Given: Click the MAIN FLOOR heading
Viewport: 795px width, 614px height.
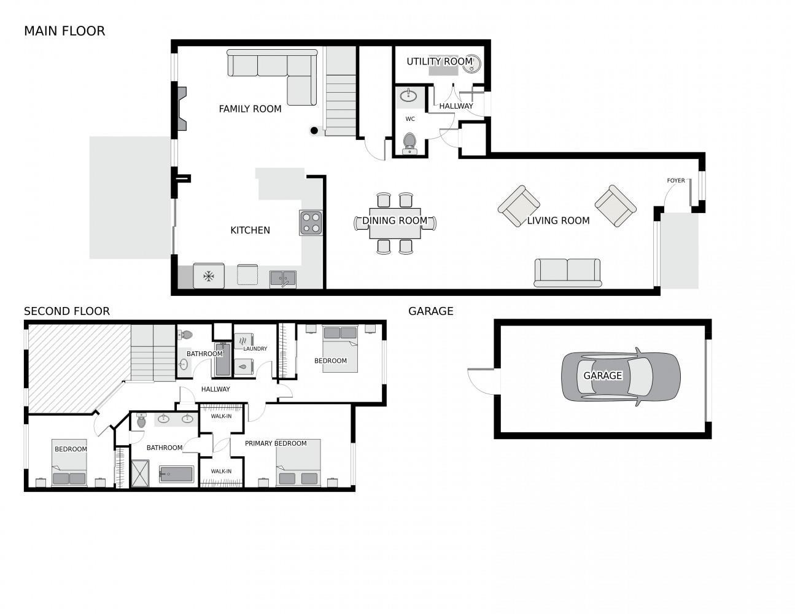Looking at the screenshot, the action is tap(64, 31).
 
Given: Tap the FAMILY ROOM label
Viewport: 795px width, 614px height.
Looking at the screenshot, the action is tap(250, 109).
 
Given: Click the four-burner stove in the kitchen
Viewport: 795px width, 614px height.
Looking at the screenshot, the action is tap(311, 222).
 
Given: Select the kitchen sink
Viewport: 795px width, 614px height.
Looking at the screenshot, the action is tap(283, 279).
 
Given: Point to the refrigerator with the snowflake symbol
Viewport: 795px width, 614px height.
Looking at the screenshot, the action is tap(209, 276).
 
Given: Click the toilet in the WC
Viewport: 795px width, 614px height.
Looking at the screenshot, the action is tap(409, 144).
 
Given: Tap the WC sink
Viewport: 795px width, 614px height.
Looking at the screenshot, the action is tap(408, 96).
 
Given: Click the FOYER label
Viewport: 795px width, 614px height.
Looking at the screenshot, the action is tap(675, 181).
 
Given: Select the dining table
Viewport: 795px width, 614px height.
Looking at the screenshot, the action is tap(395, 223).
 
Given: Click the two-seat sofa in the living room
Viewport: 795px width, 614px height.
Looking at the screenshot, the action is tap(567, 273).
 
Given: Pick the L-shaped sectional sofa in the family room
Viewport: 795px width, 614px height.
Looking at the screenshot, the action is tap(272, 77).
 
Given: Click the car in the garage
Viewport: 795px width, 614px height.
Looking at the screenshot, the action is tap(621, 376).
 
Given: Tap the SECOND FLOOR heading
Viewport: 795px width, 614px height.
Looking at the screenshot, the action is tap(66, 311).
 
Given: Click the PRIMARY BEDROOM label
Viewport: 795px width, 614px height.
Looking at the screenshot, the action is tap(276, 443).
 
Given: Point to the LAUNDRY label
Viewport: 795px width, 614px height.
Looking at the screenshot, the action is tap(255, 349).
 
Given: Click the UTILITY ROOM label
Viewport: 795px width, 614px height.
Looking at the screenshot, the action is tap(440, 61).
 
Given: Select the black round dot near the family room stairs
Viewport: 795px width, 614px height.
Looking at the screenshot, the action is tap(314, 130).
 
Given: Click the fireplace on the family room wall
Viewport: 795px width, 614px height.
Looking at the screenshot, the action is tap(182, 109).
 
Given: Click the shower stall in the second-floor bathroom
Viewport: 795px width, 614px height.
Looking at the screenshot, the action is tap(140, 473).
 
